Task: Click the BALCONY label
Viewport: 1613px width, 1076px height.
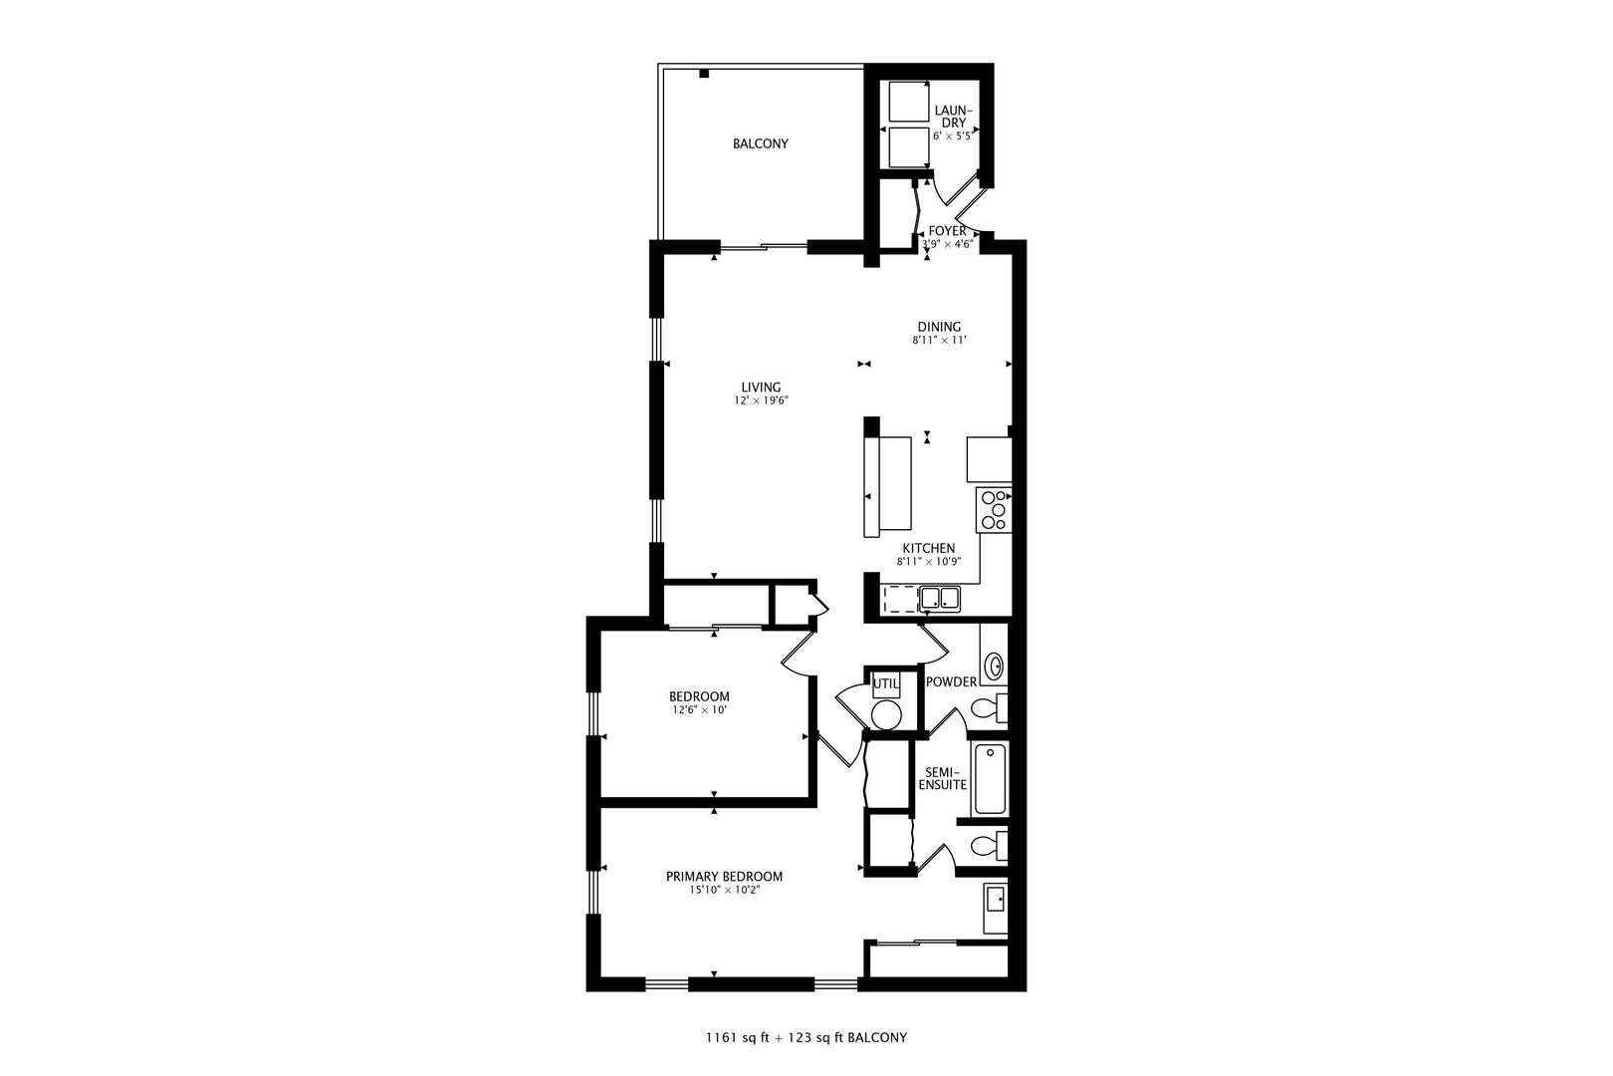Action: (760, 143)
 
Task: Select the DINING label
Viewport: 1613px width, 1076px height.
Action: (939, 326)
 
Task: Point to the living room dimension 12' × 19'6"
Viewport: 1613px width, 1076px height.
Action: (761, 401)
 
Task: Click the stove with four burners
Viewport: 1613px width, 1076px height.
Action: (994, 509)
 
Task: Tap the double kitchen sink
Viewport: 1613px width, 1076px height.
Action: (940, 598)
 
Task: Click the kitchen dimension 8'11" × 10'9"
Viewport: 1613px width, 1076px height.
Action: (928, 562)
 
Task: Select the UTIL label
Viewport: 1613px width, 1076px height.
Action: (885, 683)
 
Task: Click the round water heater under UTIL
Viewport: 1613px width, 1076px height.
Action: (885, 714)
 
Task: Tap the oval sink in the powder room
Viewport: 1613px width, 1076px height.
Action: (993, 665)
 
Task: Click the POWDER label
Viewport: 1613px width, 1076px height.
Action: (951, 682)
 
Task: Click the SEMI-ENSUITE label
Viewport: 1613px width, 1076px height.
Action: (942, 778)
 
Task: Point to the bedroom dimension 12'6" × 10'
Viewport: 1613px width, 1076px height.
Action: (698, 710)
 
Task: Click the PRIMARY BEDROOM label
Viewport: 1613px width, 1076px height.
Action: (724, 877)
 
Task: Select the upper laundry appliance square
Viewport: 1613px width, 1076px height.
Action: (907, 102)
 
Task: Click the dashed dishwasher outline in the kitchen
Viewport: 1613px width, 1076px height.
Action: (900, 598)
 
